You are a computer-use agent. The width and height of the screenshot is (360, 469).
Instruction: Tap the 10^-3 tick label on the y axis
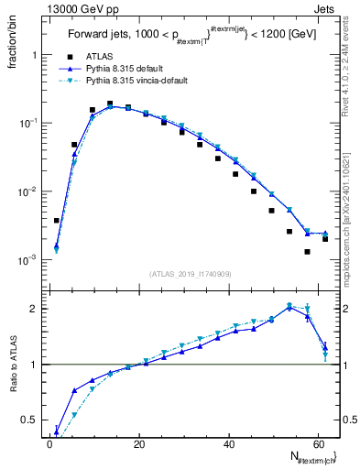coord(27,260)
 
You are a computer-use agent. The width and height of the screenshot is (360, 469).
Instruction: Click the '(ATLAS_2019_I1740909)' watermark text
coord(191,274)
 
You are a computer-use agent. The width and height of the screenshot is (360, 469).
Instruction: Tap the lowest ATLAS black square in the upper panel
coord(308,251)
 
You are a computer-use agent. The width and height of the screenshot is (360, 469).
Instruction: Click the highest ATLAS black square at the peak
coord(110,104)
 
